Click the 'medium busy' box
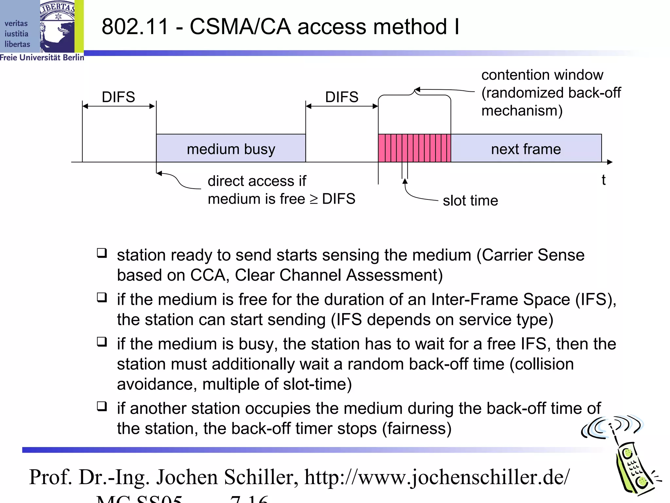231,148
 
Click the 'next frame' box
526,148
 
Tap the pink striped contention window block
414,148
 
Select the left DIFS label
118,97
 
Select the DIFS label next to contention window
342,97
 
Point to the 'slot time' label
470,200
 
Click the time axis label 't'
603,180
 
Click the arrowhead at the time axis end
609,162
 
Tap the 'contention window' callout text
542,75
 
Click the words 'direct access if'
257,181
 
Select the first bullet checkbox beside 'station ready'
102,253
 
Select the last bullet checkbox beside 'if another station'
102,406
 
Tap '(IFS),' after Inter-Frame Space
596,299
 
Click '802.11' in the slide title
135,27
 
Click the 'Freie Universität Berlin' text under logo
42,58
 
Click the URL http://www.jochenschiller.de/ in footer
437,477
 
